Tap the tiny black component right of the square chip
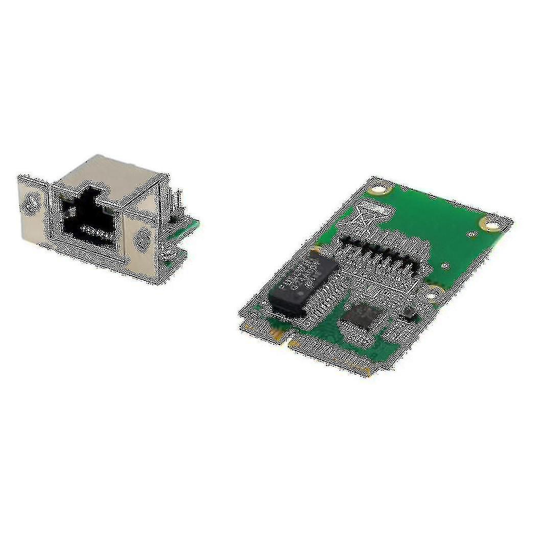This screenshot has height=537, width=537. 408,313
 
